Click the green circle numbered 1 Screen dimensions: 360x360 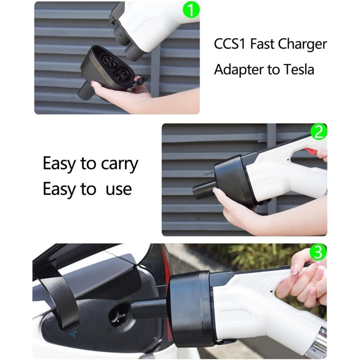(x=190, y=9)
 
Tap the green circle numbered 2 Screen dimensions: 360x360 (x=319, y=132)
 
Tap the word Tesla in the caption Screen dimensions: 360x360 (x=299, y=70)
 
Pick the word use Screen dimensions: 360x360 (x=118, y=189)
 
